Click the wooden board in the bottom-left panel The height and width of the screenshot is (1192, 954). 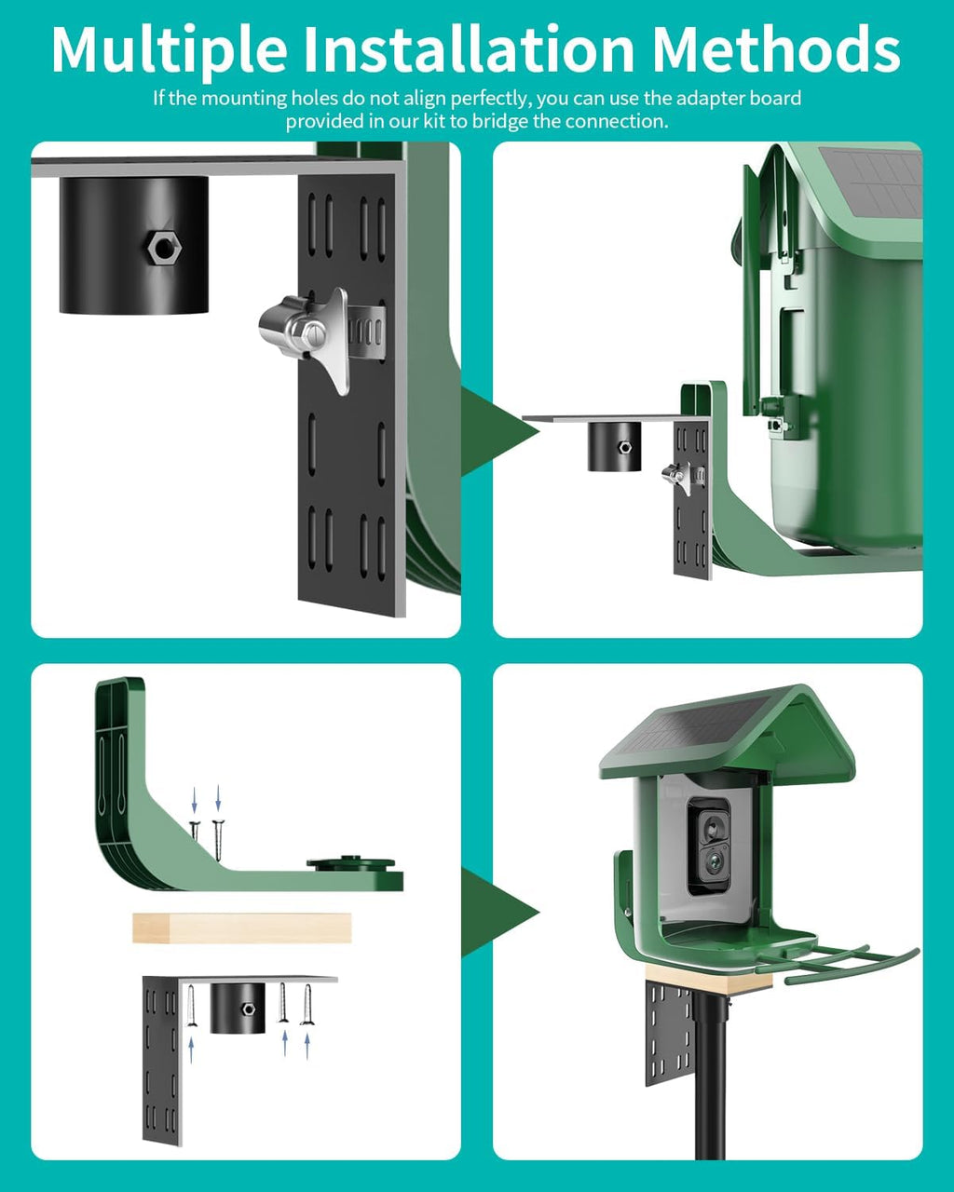coord(241,928)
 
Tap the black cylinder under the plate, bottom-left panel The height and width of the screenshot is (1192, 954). coord(233,1009)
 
